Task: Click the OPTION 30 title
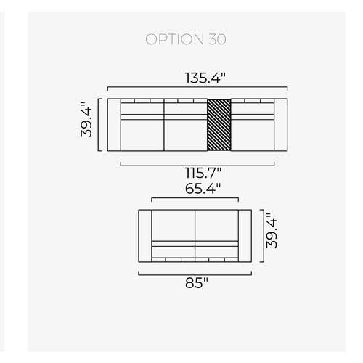[186, 39]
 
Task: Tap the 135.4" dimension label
[205, 78]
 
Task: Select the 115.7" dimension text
[203, 173]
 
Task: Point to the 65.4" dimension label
[203, 188]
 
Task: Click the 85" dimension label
[197, 282]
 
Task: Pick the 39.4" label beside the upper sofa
[86, 120]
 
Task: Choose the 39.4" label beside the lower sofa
[272, 231]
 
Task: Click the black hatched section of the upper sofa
[219, 125]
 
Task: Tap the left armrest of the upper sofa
[114, 125]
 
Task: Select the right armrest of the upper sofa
[281, 125]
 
